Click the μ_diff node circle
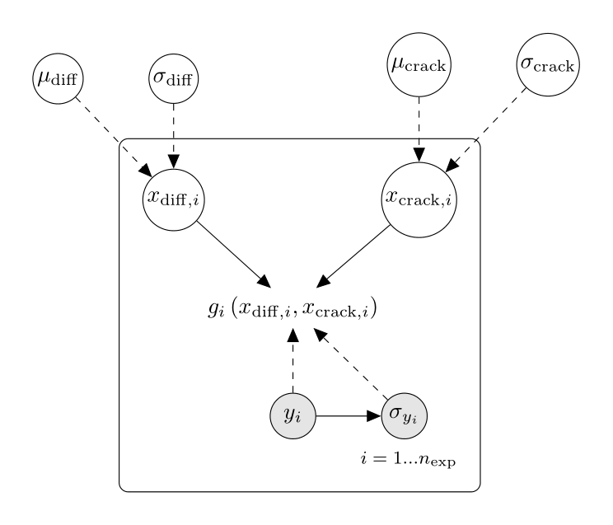(x=55, y=80)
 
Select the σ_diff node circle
(x=173, y=80)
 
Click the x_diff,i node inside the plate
(x=173, y=199)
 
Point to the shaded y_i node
(x=292, y=416)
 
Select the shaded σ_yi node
(x=405, y=416)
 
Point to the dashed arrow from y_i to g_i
(x=292, y=363)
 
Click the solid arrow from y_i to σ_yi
(x=346, y=416)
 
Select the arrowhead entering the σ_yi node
(x=376, y=416)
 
